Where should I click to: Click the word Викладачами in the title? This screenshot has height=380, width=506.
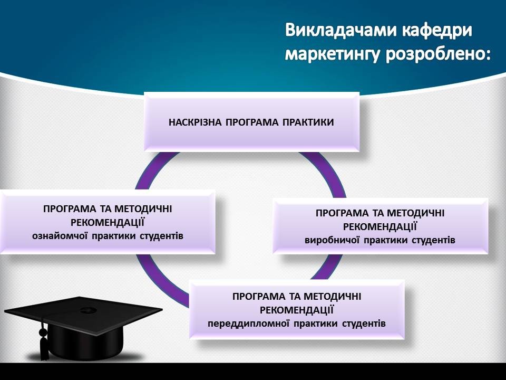340,31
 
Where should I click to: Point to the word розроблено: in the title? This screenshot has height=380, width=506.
438,54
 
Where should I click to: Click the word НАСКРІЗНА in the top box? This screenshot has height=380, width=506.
195,122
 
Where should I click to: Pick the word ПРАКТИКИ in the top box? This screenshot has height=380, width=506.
308,122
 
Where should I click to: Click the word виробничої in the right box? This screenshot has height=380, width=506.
332,241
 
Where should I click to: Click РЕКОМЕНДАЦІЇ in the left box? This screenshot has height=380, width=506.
108,223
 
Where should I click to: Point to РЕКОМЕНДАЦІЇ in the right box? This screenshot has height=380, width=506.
380,227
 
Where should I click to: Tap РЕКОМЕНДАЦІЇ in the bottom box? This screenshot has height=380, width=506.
297,310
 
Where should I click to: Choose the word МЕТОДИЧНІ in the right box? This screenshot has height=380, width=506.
416,213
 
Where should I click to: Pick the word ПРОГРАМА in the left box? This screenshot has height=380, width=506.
70,209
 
